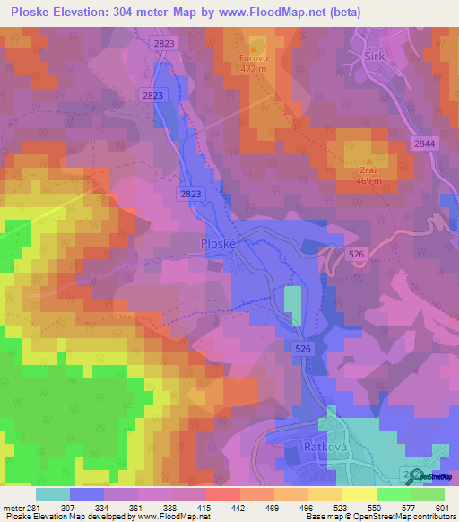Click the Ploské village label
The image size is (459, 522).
(x=217, y=243)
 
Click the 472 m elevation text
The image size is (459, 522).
(x=255, y=72)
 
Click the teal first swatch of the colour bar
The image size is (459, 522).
(x=52, y=494)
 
